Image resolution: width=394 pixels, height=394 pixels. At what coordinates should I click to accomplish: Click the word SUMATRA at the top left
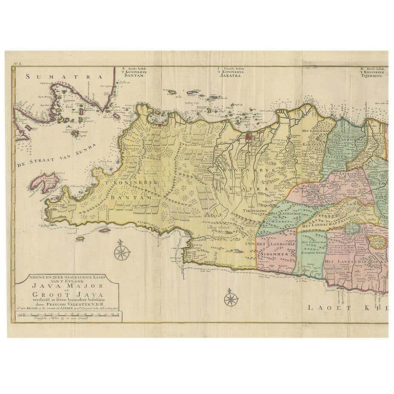coord(64,77)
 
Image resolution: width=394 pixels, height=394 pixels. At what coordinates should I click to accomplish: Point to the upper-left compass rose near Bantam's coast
coord(121,251)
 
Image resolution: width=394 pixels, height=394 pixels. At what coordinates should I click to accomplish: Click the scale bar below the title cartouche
coord(67,315)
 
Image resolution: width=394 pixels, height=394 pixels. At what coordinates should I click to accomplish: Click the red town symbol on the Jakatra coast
coord(249,137)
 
